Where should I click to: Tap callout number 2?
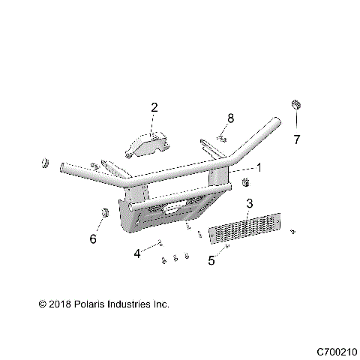coord(154,108)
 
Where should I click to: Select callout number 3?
coord(250,204)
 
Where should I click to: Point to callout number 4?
coord(137,254)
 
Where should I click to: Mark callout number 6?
coord(94,239)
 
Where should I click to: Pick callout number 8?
coord(231,118)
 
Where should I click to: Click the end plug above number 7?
coord(296,104)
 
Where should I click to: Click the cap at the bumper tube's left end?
coord(45,163)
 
